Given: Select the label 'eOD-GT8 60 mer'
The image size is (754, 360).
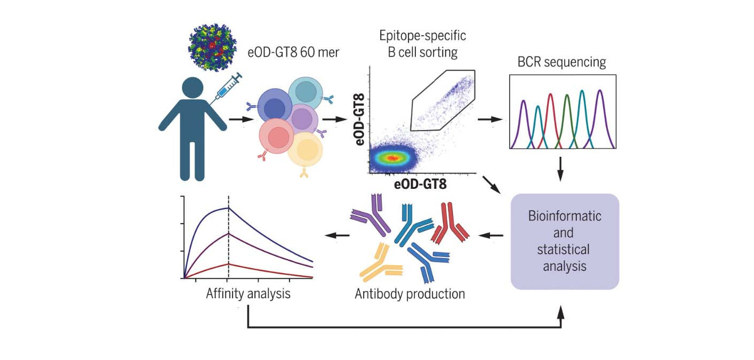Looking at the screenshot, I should point(293,53).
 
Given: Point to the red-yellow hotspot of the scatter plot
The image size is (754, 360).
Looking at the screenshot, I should point(392,158).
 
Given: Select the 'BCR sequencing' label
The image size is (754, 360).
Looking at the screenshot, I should point(562,62).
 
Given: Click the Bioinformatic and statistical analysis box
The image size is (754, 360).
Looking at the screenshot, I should point(565,241).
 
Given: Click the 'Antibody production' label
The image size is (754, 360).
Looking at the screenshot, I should point(410,293).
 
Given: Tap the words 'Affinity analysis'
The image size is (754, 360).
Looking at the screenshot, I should point(248,293).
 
